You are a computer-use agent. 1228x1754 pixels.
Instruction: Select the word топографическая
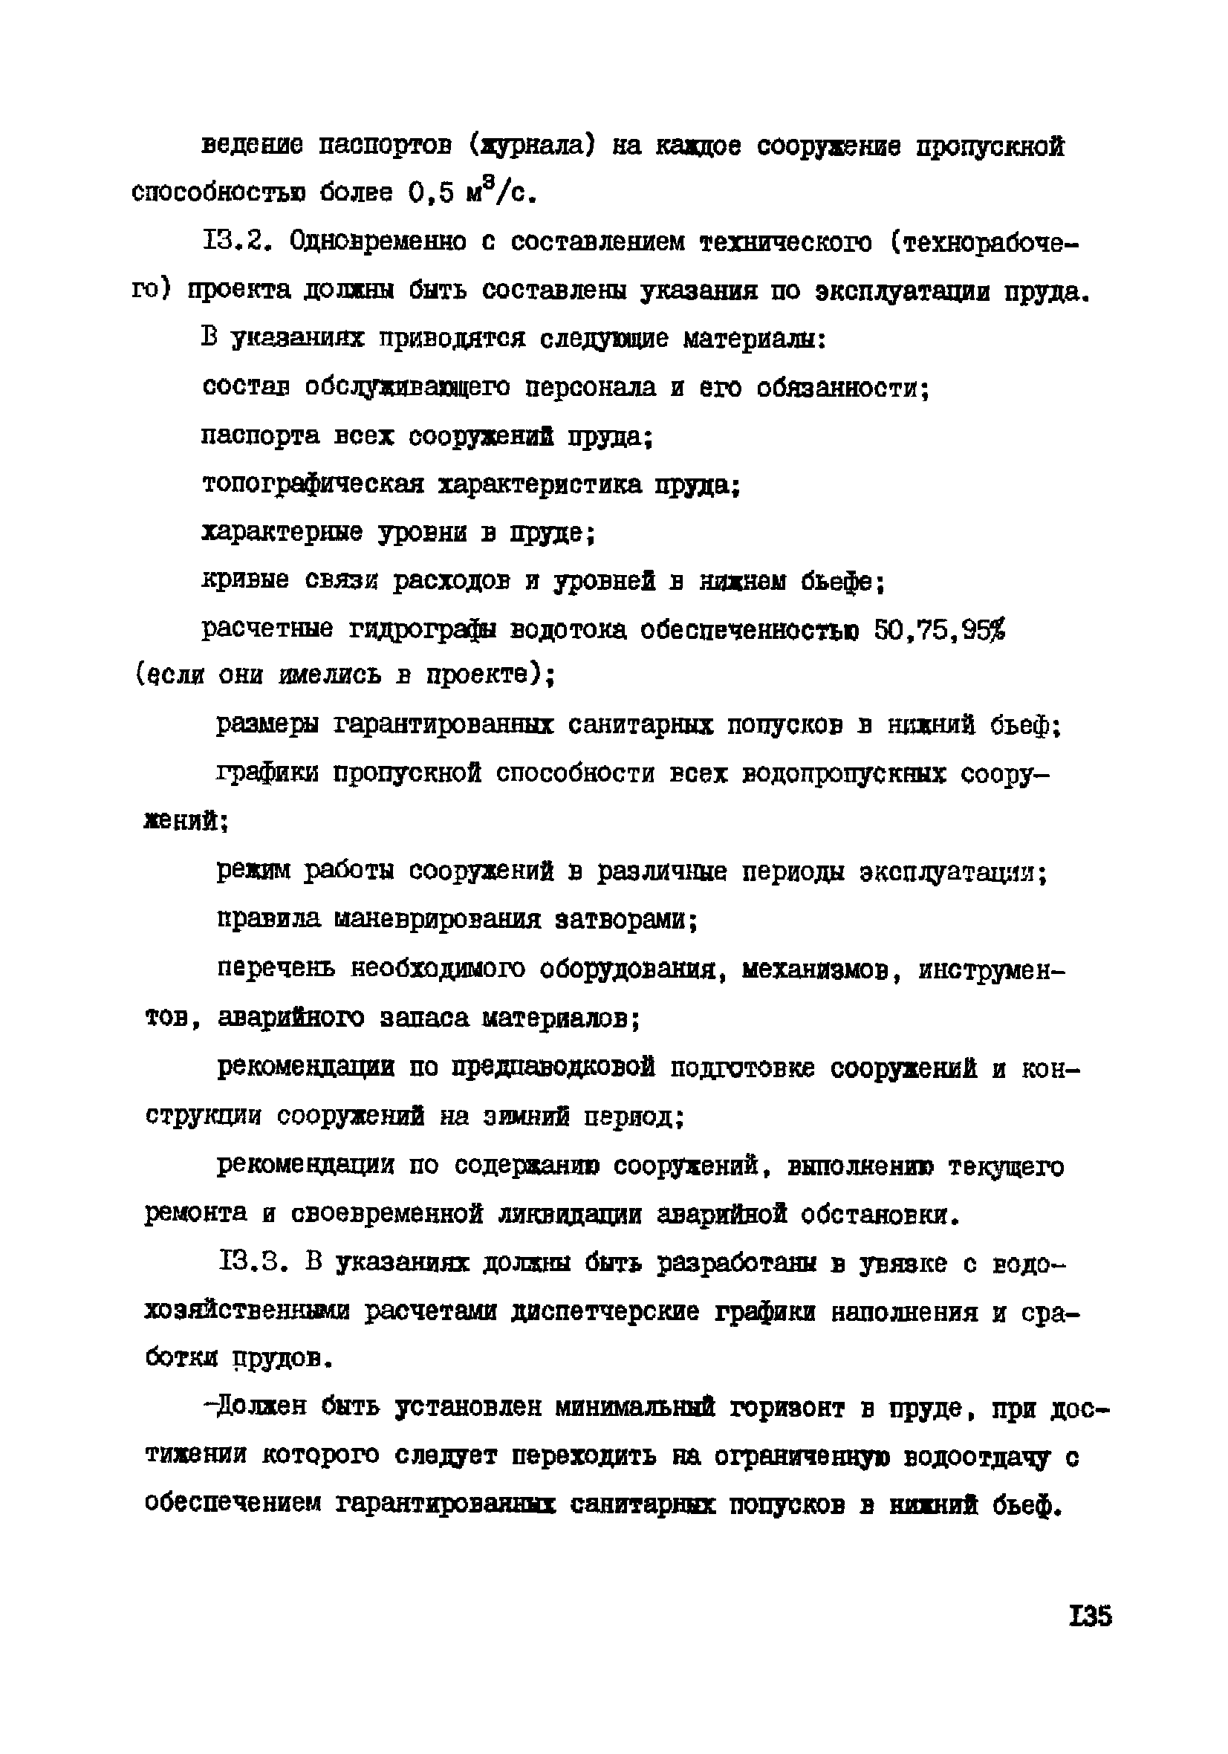click(314, 484)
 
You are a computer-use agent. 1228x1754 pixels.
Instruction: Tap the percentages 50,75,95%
click(939, 629)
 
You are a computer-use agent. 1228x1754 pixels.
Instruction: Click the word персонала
click(591, 387)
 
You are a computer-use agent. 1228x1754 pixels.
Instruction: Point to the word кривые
click(245, 581)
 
